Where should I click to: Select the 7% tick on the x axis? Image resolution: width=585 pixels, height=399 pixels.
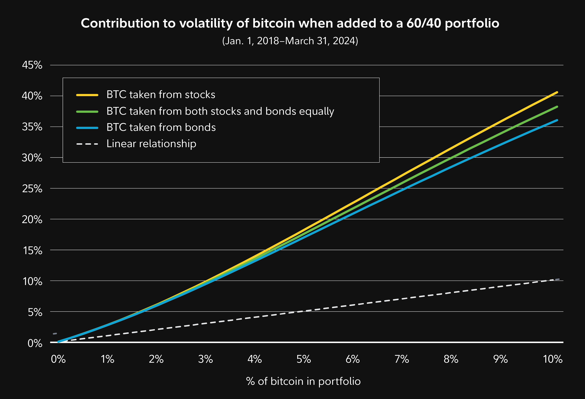click(x=402, y=359)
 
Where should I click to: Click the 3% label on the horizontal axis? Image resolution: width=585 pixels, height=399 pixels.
click(x=205, y=359)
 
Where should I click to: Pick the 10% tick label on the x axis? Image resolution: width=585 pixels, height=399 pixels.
click(x=553, y=359)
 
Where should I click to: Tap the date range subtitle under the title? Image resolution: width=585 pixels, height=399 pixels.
click(x=290, y=41)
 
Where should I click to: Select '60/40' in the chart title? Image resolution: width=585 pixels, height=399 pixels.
click(x=424, y=23)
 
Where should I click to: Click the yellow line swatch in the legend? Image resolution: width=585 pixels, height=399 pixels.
click(x=87, y=95)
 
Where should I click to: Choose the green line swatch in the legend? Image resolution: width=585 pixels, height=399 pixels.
click(x=87, y=111)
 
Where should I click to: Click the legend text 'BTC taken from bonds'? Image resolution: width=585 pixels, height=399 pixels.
click(x=161, y=127)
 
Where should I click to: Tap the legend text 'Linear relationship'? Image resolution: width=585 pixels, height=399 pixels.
click(x=151, y=144)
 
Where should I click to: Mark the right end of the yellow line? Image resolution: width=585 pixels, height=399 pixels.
click(x=557, y=92)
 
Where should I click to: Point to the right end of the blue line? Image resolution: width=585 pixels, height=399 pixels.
click(x=557, y=120)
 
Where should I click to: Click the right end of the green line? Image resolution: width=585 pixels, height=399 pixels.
click(x=557, y=107)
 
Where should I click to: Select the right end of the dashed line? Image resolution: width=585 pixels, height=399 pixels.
click(x=559, y=279)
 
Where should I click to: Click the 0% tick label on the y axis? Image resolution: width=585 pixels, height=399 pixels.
click(x=35, y=343)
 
